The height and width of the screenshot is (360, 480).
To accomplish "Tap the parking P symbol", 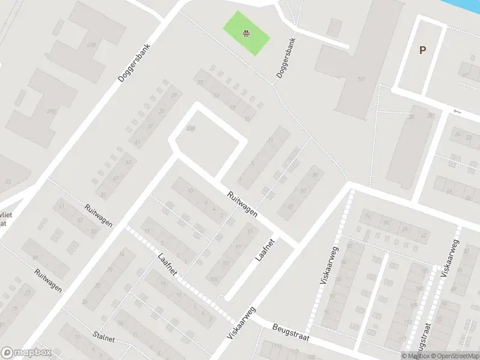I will [x=423, y=50].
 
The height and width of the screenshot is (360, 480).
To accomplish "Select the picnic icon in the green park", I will [x=246, y=34].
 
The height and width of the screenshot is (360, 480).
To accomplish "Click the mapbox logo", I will [x=26, y=353].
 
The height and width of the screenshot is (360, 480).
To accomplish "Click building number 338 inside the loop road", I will [x=191, y=127].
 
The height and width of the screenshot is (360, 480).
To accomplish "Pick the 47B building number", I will [x=92, y=44].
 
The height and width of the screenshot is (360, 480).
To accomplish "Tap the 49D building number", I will [x=52, y=111].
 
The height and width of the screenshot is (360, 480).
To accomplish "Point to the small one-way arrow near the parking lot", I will [x=458, y=111].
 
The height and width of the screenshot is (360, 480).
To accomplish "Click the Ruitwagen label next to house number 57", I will [x=99, y=215].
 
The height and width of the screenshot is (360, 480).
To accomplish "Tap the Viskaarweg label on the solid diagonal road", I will [x=242, y=324].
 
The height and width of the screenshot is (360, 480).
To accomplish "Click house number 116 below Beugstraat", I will [x=277, y=347].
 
